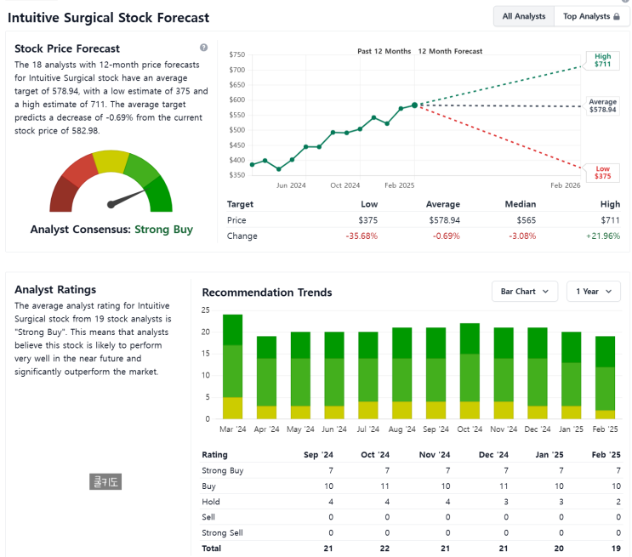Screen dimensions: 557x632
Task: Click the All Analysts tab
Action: coord(524,16)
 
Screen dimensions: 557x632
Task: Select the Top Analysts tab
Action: coord(591,16)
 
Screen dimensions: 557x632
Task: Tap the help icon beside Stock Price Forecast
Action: coord(203,48)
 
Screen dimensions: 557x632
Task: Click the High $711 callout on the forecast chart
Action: coord(602,60)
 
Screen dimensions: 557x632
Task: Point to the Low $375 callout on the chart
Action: coord(602,172)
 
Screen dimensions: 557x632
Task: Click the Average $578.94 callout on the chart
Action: coord(602,106)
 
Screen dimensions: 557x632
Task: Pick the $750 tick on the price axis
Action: coord(236,54)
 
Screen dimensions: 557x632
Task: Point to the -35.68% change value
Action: coord(361,236)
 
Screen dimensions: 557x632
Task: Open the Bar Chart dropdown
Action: coord(524,292)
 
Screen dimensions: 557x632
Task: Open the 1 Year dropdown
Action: coord(593,292)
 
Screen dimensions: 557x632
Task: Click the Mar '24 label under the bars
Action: coord(232,429)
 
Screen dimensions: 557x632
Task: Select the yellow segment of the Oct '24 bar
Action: coord(470,410)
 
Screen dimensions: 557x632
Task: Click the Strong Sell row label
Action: coord(222,532)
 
